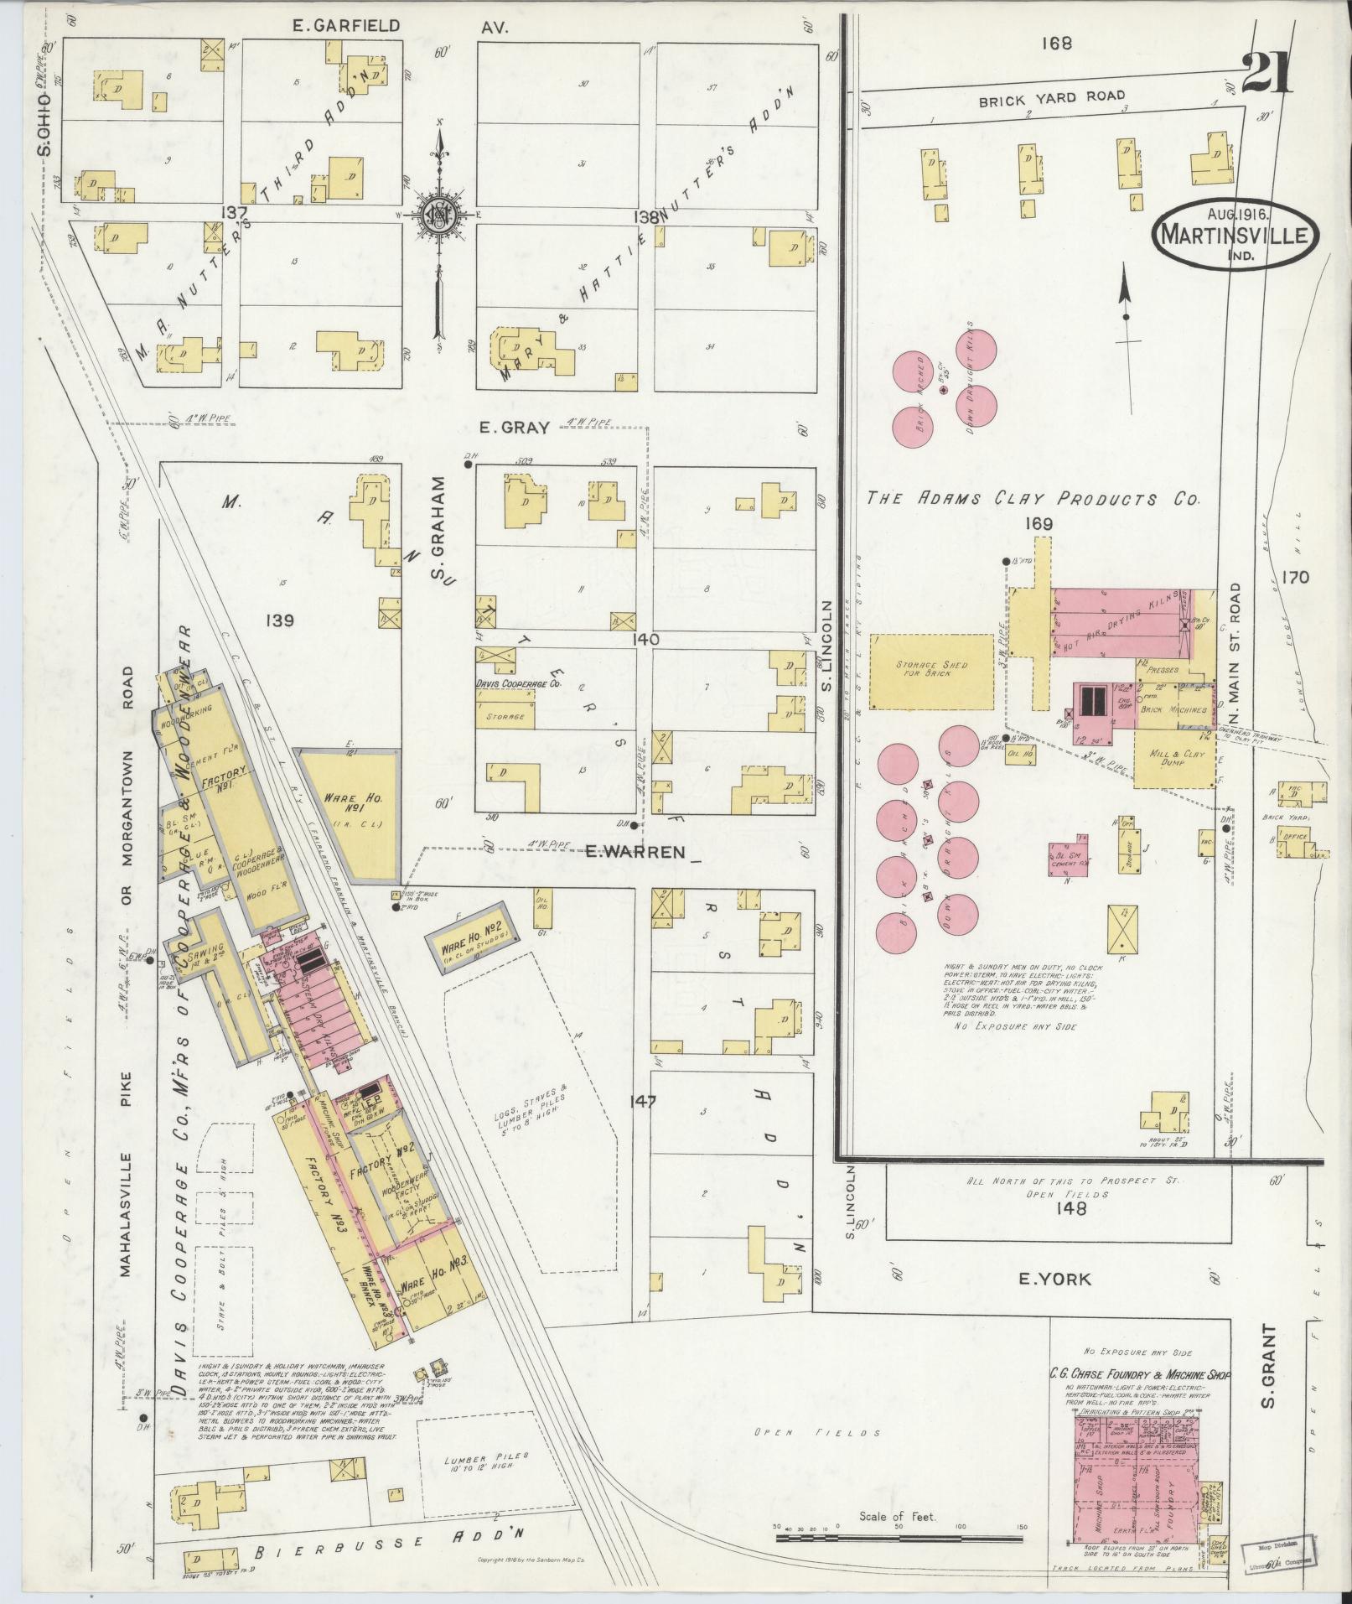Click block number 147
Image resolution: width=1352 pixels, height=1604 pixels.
pos(646,1100)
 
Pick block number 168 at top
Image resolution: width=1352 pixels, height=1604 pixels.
pos(1057,44)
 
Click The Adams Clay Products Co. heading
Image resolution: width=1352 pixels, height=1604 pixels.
pos(1033,498)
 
